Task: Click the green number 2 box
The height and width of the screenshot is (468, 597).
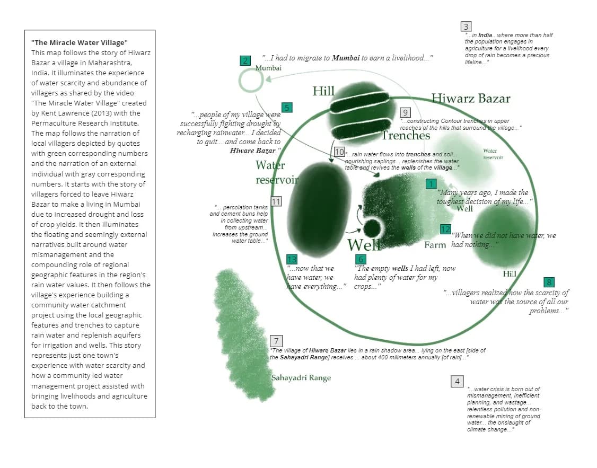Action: [x=245, y=60]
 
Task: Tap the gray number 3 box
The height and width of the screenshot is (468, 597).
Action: [x=466, y=27]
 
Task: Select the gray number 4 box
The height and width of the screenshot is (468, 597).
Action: [x=457, y=381]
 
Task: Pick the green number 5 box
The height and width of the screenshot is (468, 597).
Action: [x=287, y=108]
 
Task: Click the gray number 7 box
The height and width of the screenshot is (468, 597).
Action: [x=276, y=341]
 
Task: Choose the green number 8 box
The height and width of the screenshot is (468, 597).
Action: [x=549, y=282]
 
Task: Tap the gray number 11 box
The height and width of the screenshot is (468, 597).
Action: [x=276, y=201]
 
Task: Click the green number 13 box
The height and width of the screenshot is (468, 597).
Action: [x=292, y=259]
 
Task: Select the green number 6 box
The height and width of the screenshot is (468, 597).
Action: [x=361, y=259]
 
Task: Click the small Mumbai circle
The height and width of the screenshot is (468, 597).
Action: [x=251, y=81]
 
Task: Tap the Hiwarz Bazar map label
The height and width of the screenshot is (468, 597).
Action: [x=471, y=98]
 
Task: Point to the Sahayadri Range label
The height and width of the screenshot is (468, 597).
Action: [x=301, y=378]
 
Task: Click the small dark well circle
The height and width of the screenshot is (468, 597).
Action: [x=372, y=228]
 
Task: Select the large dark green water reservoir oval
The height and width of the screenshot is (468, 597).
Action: [x=318, y=209]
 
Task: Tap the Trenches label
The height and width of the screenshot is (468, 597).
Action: [x=406, y=135]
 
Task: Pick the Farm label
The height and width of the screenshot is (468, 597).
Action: [x=435, y=245]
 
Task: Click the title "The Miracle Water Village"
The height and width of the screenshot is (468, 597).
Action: [x=80, y=42]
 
